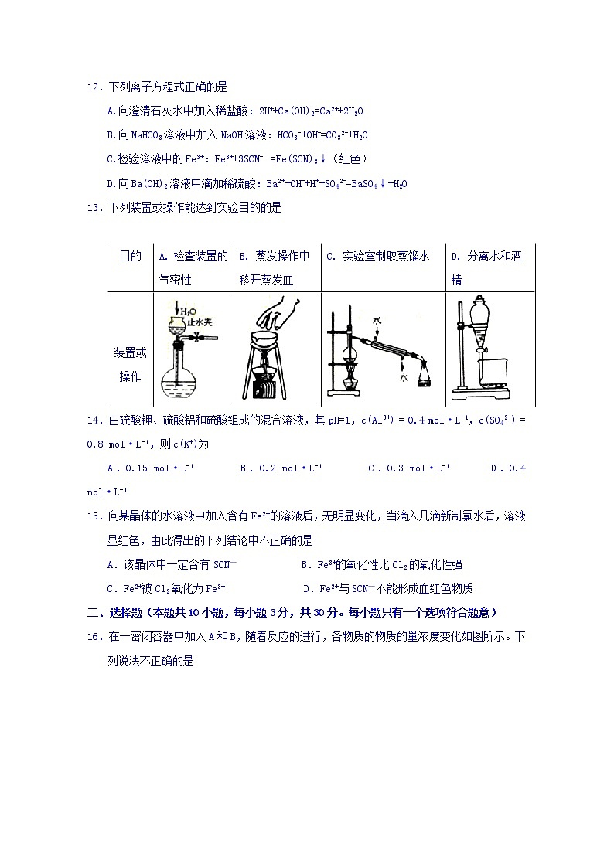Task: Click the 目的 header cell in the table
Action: tap(130, 257)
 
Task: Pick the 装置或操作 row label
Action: tap(130, 365)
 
